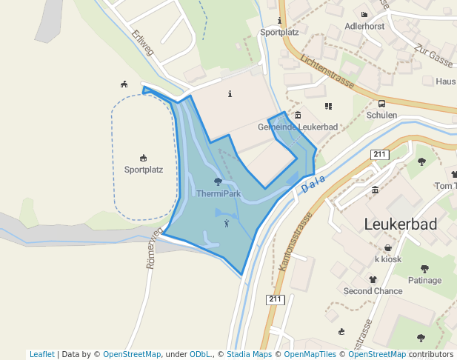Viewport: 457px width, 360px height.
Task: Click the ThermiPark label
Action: point(219,194)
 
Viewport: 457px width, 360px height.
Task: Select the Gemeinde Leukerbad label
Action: point(297,127)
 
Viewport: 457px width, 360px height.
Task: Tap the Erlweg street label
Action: point(142,42)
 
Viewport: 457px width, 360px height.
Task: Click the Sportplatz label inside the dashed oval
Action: point(143,169)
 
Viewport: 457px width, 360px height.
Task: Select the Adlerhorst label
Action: point(364,26)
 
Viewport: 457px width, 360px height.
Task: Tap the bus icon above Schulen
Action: point(381,104)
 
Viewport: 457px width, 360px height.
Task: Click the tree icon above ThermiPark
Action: point(218,181)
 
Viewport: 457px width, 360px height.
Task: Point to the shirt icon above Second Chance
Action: point(373,279)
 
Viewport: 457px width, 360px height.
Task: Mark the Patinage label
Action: point(424,280)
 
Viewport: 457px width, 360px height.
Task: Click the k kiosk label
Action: point(388,259)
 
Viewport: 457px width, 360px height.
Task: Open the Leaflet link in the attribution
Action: point(41,354)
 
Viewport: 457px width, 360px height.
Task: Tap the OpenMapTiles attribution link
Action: point(312,354)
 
